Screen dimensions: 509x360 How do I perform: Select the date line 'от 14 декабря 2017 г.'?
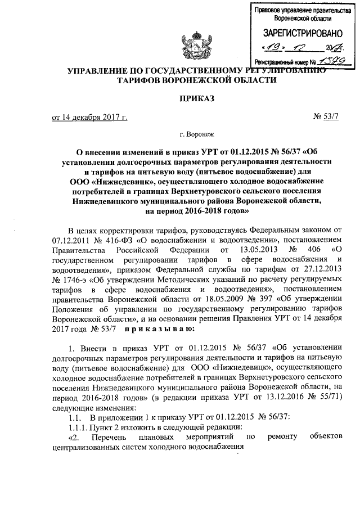coord(89,118)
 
